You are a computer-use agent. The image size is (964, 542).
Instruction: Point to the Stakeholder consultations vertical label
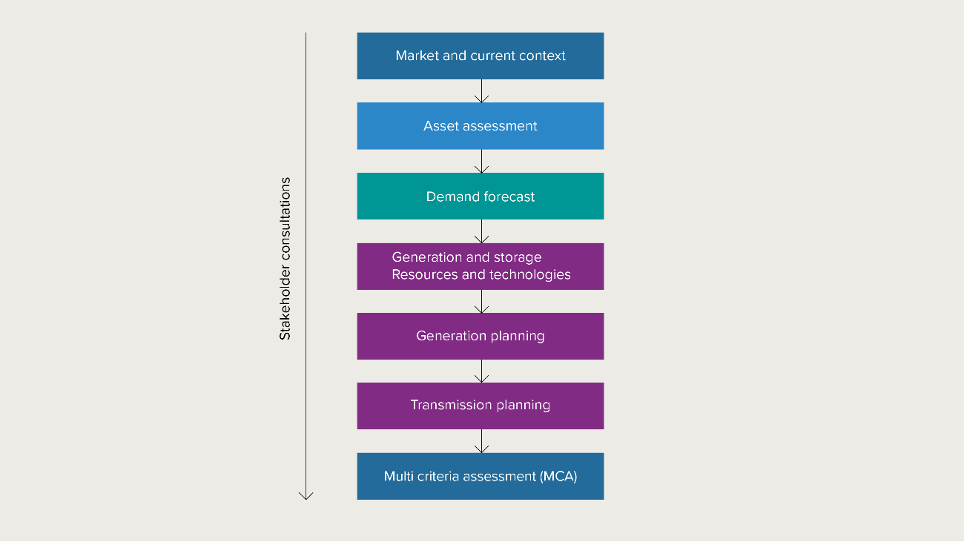(285, 259)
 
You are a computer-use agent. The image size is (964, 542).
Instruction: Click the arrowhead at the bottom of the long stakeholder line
(306, 495)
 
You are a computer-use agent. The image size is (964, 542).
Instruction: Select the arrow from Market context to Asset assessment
(481, 91)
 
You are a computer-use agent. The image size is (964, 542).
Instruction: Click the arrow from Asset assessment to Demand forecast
(481, 162)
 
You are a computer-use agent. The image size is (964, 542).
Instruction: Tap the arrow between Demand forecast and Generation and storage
(481, 231)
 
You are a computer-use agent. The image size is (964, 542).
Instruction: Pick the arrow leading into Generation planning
(481, 302)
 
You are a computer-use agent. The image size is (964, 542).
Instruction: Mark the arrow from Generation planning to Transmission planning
(481, 371)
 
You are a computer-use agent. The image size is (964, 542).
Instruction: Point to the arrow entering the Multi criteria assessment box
(481, 441)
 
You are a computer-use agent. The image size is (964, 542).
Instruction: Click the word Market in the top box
(417, 56)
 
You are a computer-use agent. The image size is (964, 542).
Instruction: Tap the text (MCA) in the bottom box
(559, 476)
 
